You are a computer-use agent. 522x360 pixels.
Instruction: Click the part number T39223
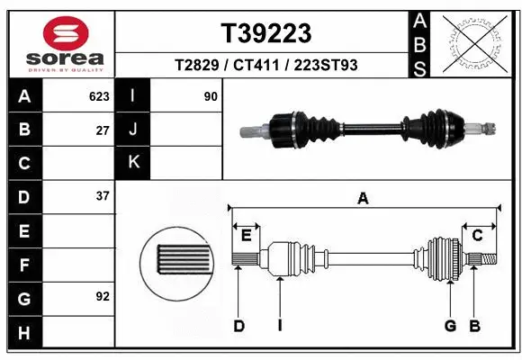tap(266, 33)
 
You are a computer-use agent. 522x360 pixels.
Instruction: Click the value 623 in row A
tap(98, 95)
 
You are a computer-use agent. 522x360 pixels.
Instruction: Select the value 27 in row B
tap(103, 130)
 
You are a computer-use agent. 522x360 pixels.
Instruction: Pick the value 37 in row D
tap(103, 195)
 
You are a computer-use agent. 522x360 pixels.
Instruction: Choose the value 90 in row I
tap(211, 95)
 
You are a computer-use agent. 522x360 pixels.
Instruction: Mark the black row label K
tap(134, 162)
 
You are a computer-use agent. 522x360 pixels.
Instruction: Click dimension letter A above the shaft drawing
tap(363, 199)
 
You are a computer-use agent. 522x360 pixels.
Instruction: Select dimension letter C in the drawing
tap(478, 235)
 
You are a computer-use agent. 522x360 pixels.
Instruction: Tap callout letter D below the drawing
tap(238, 326)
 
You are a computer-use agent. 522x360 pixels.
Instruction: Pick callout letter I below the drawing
tap(280, 326)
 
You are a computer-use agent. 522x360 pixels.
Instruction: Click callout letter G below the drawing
tap(450, 326)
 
